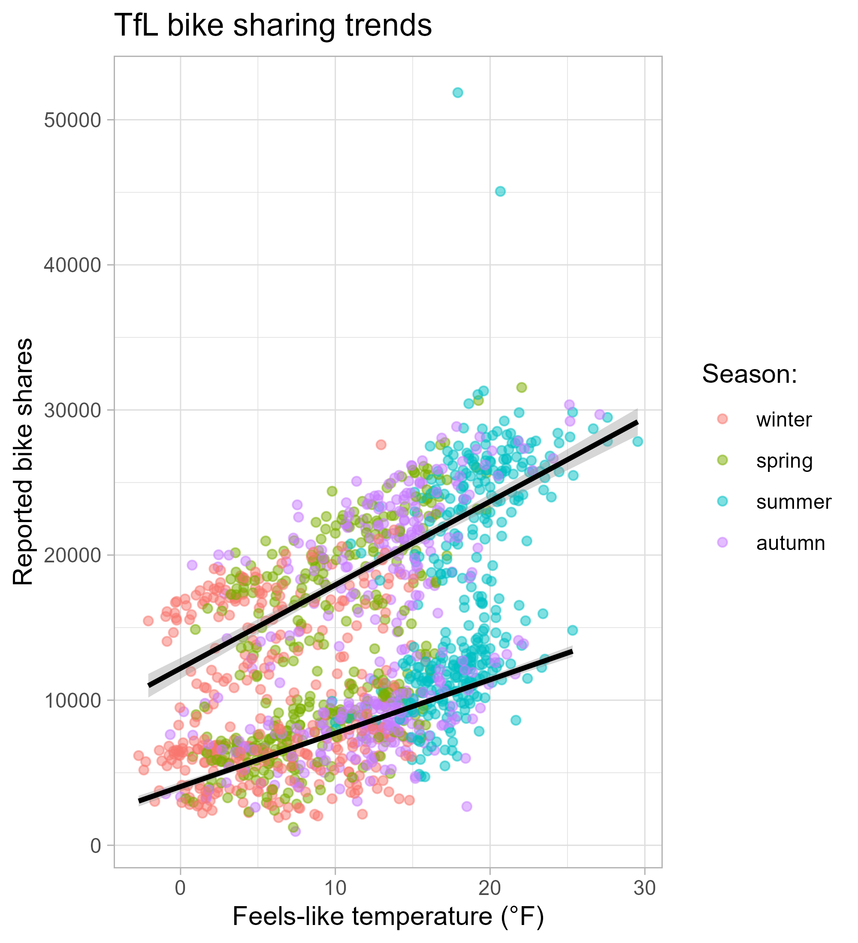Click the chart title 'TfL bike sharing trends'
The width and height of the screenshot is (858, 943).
[x=272, y=26]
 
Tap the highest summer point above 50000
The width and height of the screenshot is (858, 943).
[x=458, y=93]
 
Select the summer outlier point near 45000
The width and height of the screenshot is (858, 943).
[x=500, y=191]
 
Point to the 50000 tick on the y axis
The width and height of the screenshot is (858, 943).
[x=73, y=120]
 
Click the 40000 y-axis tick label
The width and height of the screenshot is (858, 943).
[x=73, y=265]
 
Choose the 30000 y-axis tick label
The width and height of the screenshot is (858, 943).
[x=73, y=410]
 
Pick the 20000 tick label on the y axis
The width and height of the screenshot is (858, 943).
[x=73, y=555]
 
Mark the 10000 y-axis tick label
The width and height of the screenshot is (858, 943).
[x=73, y=700]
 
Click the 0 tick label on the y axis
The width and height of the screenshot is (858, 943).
[x=96, y=845]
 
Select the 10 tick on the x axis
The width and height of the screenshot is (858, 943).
[x=335, y=888]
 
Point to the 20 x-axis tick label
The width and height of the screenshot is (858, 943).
[x=489, y=888]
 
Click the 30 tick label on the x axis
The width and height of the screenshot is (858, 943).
[x=644, y=888]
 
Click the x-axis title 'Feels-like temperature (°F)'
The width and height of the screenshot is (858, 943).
[x=388, y=917]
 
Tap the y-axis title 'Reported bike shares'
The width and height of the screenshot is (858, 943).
[x=24, y=461]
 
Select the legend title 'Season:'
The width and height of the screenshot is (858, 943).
[x=749, y=374]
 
